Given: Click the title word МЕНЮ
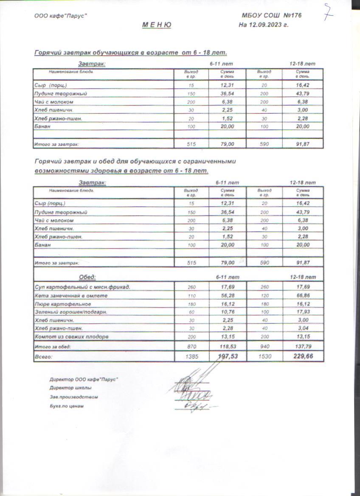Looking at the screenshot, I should pos(157,25).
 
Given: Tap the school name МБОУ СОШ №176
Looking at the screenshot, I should pos(271,16).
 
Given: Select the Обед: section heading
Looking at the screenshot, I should pos(87,277).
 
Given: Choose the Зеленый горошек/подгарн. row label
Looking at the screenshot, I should pos(71,312).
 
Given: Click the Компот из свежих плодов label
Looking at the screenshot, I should pos(72,337).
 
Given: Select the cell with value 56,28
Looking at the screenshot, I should pos(228,295).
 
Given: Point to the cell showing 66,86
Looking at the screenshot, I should pos(303,295).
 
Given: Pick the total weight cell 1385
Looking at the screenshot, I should pos(191,357).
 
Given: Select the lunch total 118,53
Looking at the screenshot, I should pos(228,347).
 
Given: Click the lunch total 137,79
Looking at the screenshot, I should pos(303,347).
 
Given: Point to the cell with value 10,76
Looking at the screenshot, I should pos(228,312).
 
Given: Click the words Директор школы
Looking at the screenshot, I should pos(70,388).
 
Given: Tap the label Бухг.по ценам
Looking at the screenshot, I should pos(67,406).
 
